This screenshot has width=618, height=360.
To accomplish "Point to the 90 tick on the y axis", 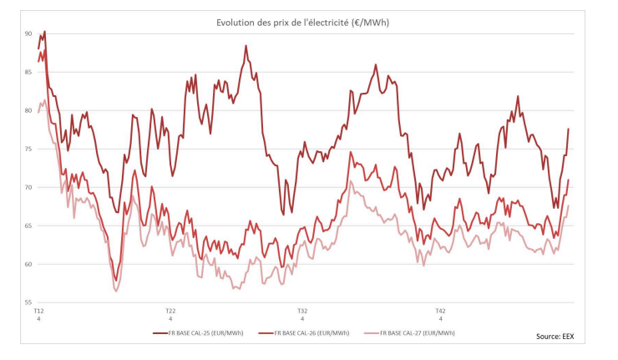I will tap(28, 34).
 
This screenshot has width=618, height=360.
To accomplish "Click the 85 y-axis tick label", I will tap(28, 73).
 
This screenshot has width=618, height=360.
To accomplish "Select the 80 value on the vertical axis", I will tap(28, 111).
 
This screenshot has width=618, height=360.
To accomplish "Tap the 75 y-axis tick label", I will tap(28, 150).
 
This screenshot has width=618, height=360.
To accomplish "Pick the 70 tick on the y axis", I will tap(28, 188).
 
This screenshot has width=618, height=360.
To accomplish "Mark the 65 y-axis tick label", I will tap(28, 226).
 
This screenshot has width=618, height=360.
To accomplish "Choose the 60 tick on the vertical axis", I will tap(28, 265).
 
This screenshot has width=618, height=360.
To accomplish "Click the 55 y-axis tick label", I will tap(28, 302).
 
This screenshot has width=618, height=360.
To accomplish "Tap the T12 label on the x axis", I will tap(38, 311).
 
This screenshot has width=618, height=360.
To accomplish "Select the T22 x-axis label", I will tap(170, 311).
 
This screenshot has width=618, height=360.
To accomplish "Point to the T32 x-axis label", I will tap(302, 311).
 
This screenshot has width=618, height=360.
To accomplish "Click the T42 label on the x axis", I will tap(440, 311).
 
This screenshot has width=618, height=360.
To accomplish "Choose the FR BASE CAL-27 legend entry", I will tap(417, 332).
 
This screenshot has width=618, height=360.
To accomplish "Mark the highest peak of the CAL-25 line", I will tap(44, 32).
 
